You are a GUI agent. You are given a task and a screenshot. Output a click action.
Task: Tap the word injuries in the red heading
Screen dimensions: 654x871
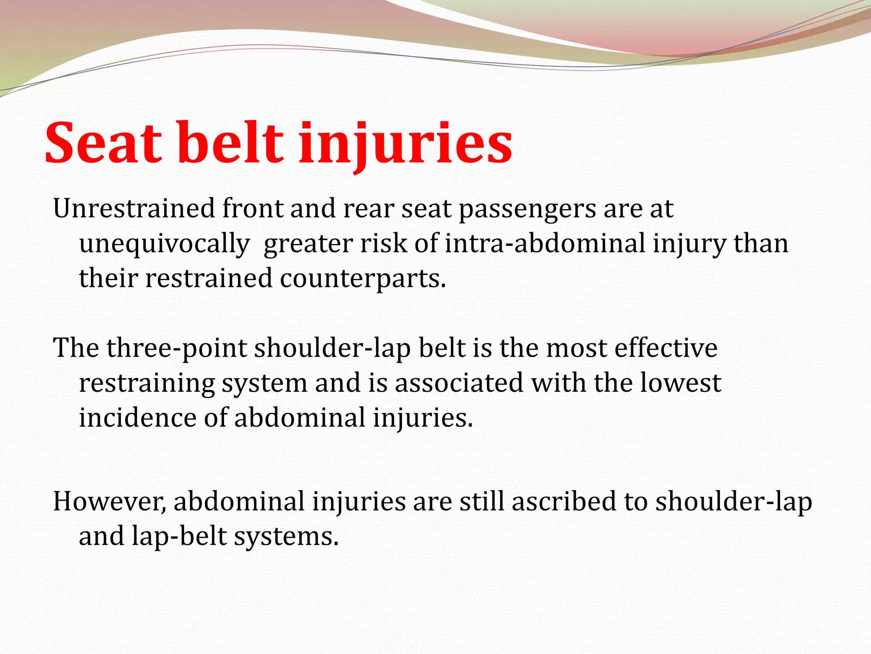(405, 143)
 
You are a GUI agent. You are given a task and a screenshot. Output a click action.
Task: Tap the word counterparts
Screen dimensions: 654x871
(363, 278)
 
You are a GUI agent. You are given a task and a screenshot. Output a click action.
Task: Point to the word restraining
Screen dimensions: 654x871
(147, 383)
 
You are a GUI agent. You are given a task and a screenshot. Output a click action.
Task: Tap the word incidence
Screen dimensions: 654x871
(137, 417)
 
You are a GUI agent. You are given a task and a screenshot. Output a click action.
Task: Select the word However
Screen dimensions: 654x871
(109, 501)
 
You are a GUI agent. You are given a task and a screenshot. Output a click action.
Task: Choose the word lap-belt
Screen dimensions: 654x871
(179, 536)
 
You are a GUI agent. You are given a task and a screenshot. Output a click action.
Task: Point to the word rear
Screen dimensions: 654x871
(368, 209)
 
